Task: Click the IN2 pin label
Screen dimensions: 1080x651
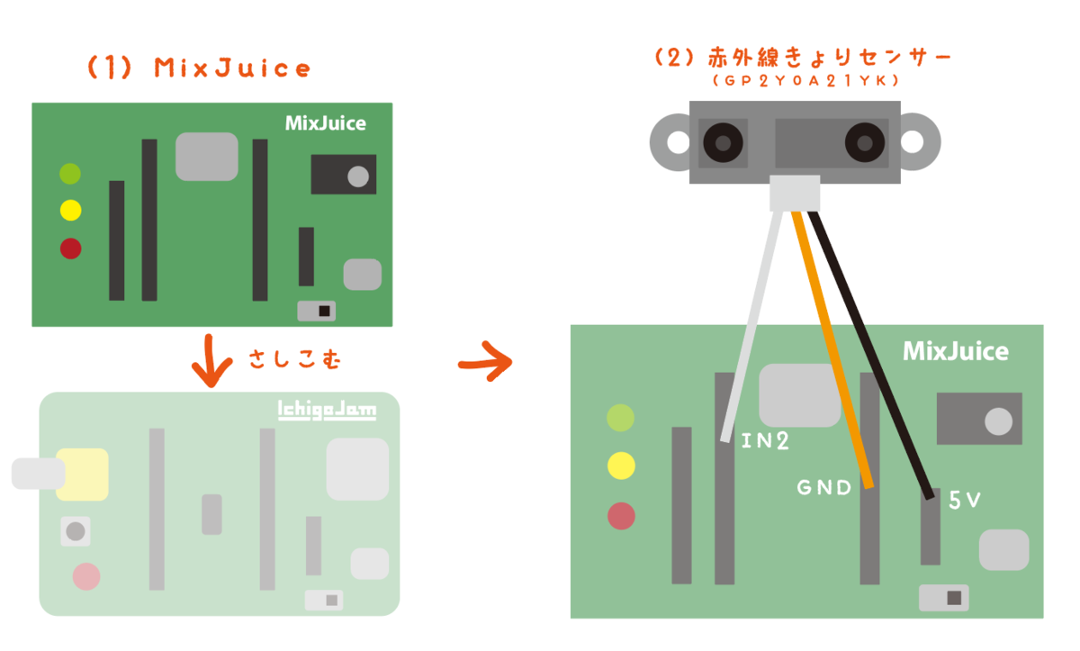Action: (765, 440)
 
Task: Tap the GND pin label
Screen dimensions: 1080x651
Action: (824, 487)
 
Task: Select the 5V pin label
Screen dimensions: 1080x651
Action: (964, 500)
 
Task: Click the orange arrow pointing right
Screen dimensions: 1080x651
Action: (485, 362)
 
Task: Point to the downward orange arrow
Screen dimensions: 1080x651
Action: (211, 361)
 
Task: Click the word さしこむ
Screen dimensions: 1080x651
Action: (295, 359)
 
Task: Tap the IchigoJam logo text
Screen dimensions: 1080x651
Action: (327, 410)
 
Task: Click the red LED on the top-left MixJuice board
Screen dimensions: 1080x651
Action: (70, 249)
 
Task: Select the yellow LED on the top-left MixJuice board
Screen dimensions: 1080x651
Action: (70, 211)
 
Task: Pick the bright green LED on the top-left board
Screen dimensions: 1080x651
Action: (70, 174)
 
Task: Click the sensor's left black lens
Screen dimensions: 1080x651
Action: (723, 143)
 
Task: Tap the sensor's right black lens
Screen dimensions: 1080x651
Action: (865, 143)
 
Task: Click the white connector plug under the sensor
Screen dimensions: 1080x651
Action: (795, 193)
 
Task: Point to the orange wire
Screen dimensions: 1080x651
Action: (832, 349)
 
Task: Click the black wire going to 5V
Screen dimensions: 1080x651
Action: (871, 355)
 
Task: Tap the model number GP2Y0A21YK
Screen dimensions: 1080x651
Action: (805, 80)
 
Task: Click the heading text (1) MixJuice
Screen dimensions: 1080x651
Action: (199, 68)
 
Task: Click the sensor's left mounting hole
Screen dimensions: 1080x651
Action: (679, 143)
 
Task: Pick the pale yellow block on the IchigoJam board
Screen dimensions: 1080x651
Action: (83, 475)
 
